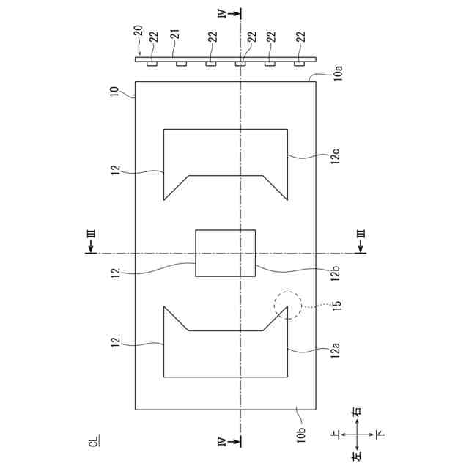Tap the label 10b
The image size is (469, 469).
coord(301,433)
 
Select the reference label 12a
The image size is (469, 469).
coord(336,352)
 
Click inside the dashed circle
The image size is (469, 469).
coord(287,305)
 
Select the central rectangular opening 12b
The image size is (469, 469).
coord(225,253)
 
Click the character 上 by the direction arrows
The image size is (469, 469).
coord(336,434)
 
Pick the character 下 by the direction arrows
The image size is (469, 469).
coord(379,434)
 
